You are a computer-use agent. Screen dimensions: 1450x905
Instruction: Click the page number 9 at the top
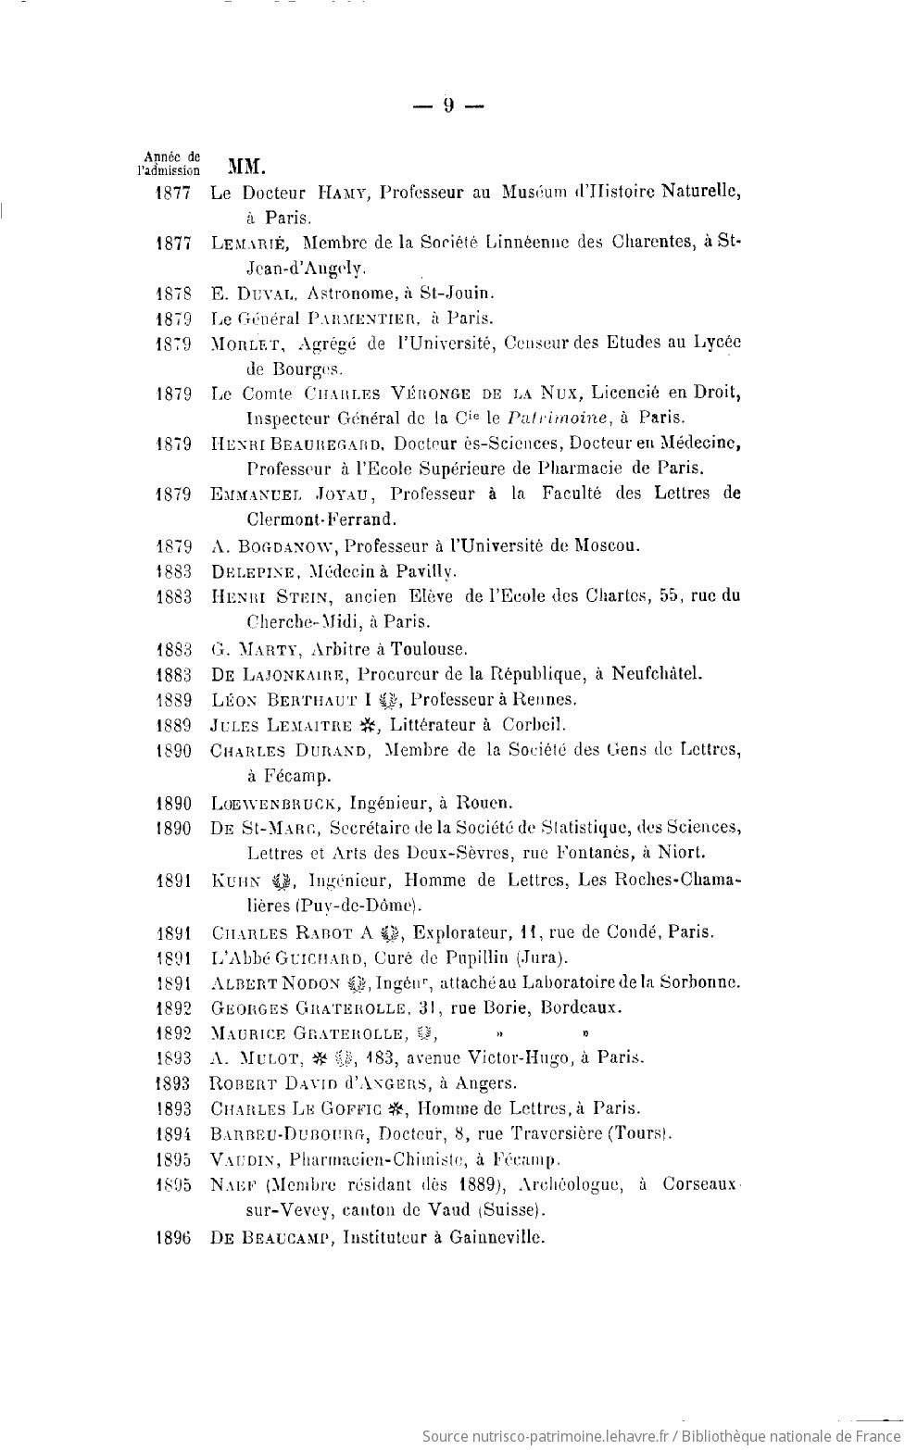(448, 106)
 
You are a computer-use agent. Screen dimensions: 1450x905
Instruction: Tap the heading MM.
(246, 168)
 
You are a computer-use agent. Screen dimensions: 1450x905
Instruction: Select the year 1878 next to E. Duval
(173, 294)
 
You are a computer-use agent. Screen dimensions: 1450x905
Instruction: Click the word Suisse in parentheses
(511, 1209)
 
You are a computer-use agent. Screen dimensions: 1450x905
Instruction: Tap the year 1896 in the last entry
(173, 1237)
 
